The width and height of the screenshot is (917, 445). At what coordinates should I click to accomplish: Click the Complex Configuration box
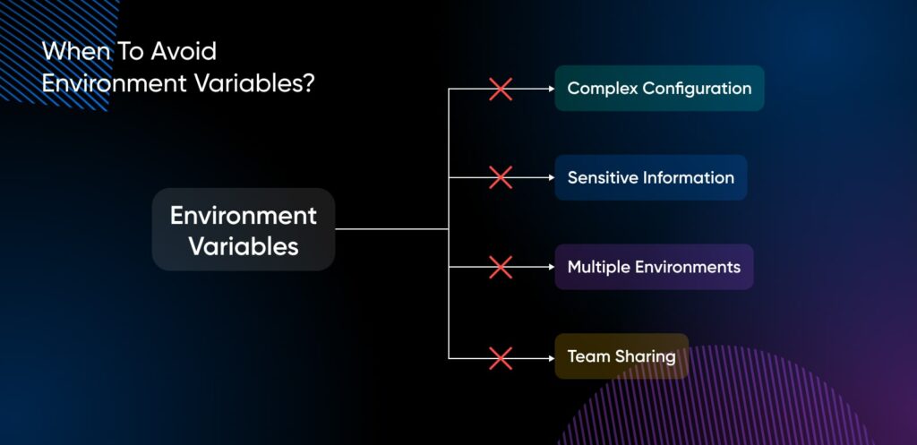coord(659,89)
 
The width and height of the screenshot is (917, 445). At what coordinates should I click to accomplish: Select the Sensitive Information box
coord(650,177)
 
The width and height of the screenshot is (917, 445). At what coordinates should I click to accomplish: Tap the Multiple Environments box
coord(654,267)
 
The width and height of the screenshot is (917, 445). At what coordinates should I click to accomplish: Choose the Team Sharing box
coord(621,356)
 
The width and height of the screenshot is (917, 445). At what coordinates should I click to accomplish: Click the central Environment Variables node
coord(244,230)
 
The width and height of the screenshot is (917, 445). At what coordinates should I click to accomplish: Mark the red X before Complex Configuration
coord(501,89)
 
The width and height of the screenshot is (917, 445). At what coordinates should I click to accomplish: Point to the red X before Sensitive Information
coord(501,177)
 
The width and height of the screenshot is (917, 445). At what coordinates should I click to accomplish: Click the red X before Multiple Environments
coord(501,267)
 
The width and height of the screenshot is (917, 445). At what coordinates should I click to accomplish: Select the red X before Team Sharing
coord(501,357)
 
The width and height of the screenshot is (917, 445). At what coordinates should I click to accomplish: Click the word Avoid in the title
coord(186,50)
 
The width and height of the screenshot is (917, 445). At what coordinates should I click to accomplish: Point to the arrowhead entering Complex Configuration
coord(550,89)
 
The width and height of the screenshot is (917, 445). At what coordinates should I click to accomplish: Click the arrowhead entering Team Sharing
coord(550,357)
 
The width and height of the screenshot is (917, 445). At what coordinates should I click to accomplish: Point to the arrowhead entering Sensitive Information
coord(550,177)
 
